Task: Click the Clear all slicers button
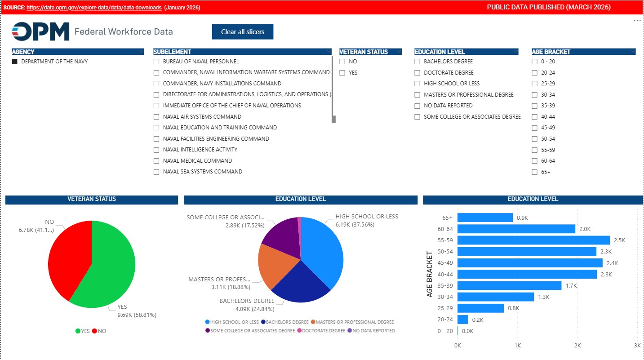243,32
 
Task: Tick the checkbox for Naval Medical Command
156,161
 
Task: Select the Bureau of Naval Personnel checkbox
156,62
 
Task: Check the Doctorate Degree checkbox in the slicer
417,73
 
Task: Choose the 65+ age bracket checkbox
534,172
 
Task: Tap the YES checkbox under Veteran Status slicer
342,73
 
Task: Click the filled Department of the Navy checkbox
15,62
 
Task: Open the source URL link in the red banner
94,8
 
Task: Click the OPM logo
40,31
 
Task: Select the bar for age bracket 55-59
533,240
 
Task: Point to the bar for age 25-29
480,308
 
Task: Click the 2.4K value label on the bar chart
612,263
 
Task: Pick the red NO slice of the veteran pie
67,256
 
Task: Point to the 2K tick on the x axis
577,346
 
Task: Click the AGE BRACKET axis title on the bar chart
430,274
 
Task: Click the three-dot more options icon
637,21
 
